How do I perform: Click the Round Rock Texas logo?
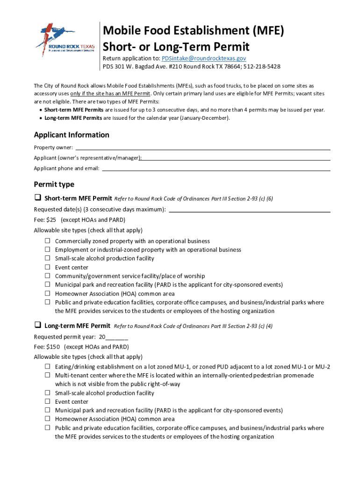[x=65, y=41]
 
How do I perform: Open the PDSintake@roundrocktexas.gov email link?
[x=204, y=58]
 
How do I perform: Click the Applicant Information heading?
[x=72, y=135]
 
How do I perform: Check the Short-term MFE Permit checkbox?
[x=37, y=198]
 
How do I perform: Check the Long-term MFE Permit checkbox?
[x=37, y=325]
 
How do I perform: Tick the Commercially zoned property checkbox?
[x=47, y=241]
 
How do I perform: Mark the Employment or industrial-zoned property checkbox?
[x=47, y=250]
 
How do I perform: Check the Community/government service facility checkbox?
[x=47, y=276]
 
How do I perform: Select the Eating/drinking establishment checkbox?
[x=47, y=367]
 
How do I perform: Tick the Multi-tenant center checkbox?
[x=47, y=375]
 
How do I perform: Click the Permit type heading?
[x=54, y=184]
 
